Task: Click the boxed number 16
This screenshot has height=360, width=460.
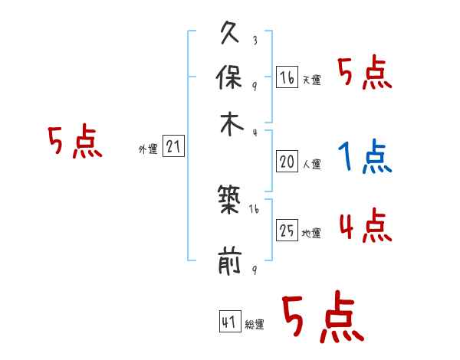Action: click(x=287, y=78)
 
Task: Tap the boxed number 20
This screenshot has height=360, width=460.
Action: click(x=287, y=162)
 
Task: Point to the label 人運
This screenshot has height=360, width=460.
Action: click(x=311, y=164)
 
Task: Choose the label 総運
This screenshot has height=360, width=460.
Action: click(x=255, y=325)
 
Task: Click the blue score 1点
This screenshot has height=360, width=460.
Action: click(x=365, y=158)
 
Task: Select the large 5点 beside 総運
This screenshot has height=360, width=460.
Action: click(x=320, y=319)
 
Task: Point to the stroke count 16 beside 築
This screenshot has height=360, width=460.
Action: click(x=254, y=209)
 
